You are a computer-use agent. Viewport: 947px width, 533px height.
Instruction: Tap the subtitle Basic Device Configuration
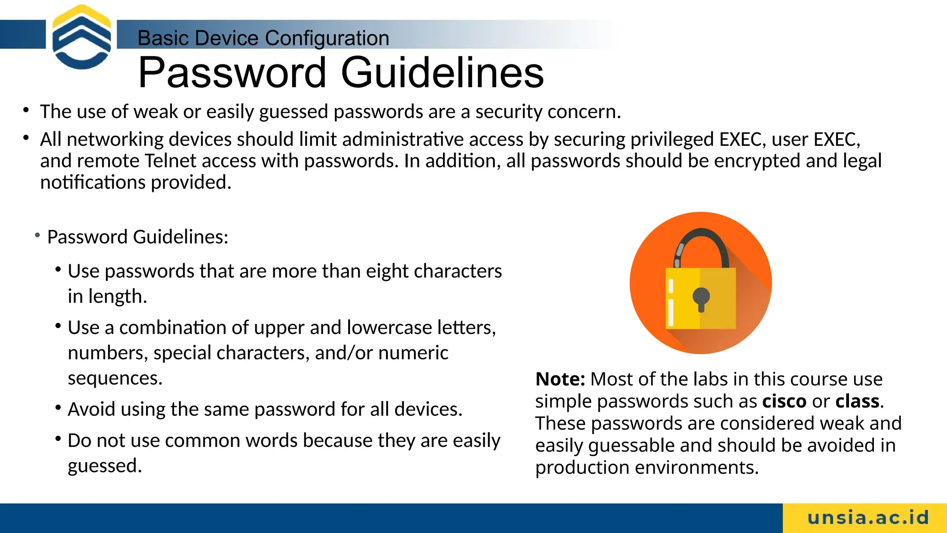click(x=263, y=38)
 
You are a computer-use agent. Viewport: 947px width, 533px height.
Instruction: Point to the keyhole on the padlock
click(x=701, y=299)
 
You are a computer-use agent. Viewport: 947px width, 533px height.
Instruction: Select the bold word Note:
click(x=560, y=379)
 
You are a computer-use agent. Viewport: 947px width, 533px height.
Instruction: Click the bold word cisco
click(x=784, y=401)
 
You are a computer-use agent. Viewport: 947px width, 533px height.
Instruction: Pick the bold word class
click(x=857, y=401)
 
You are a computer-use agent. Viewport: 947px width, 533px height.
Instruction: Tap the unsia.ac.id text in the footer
click(x=868, y=518)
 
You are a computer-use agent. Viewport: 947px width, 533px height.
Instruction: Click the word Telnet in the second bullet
click(x=171, y=161)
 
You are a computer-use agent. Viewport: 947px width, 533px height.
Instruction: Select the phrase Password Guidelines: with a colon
click(x=138, y=237)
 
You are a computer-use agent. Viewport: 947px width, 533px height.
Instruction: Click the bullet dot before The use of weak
click(x=26, y=110)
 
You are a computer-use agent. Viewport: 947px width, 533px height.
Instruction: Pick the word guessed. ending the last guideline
click(x=105, y=466)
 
